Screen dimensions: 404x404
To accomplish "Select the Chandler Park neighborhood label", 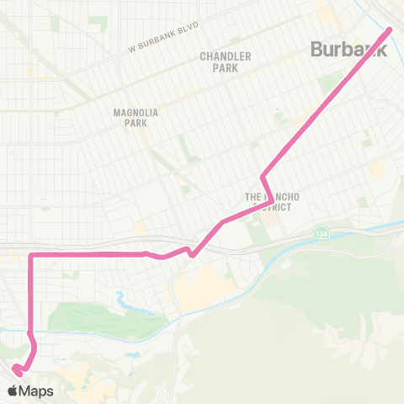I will click(x=226, y=61).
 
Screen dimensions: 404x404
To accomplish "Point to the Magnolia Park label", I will click(x=130, y=116).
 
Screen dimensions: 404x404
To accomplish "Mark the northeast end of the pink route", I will click(x=391, y=30).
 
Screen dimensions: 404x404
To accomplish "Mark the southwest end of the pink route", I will click(x=15, y=367).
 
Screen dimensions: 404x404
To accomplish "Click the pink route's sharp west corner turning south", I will click(x=31, y=254).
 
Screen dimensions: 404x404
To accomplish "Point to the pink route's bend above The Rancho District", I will click(x=263, y=176).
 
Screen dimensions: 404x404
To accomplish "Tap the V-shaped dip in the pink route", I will click(x=192, y=254).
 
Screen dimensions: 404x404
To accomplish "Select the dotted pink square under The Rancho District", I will click(x=270, y=217).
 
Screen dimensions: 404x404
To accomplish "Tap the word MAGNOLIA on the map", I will click(x=130, y=110).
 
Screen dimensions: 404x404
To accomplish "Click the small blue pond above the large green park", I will click(x=124, y=296).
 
